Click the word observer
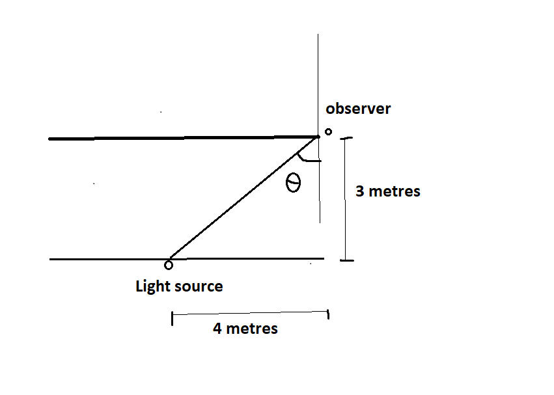358,108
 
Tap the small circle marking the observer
328,131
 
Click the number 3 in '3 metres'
360,192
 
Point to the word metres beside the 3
395,192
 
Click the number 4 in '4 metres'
217,329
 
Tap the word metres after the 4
252,329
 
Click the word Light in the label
151,286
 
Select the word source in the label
198,286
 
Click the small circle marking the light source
169,264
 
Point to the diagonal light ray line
242,198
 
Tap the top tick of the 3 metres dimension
346,138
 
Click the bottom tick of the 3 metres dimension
346,260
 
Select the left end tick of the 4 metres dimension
172,318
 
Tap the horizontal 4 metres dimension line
250,316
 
